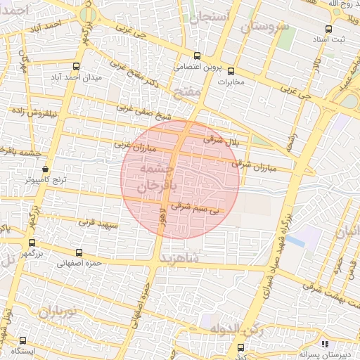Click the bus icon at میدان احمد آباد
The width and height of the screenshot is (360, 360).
(76, 66)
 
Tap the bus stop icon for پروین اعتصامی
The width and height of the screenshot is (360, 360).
(197, 58)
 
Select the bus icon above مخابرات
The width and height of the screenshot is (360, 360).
(231, 70)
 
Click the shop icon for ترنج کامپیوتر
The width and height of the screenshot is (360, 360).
(46, 169)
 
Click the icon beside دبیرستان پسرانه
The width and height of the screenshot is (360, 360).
(325, 344)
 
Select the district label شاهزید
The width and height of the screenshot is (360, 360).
(195, 258)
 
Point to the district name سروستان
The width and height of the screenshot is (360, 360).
(264, 27)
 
